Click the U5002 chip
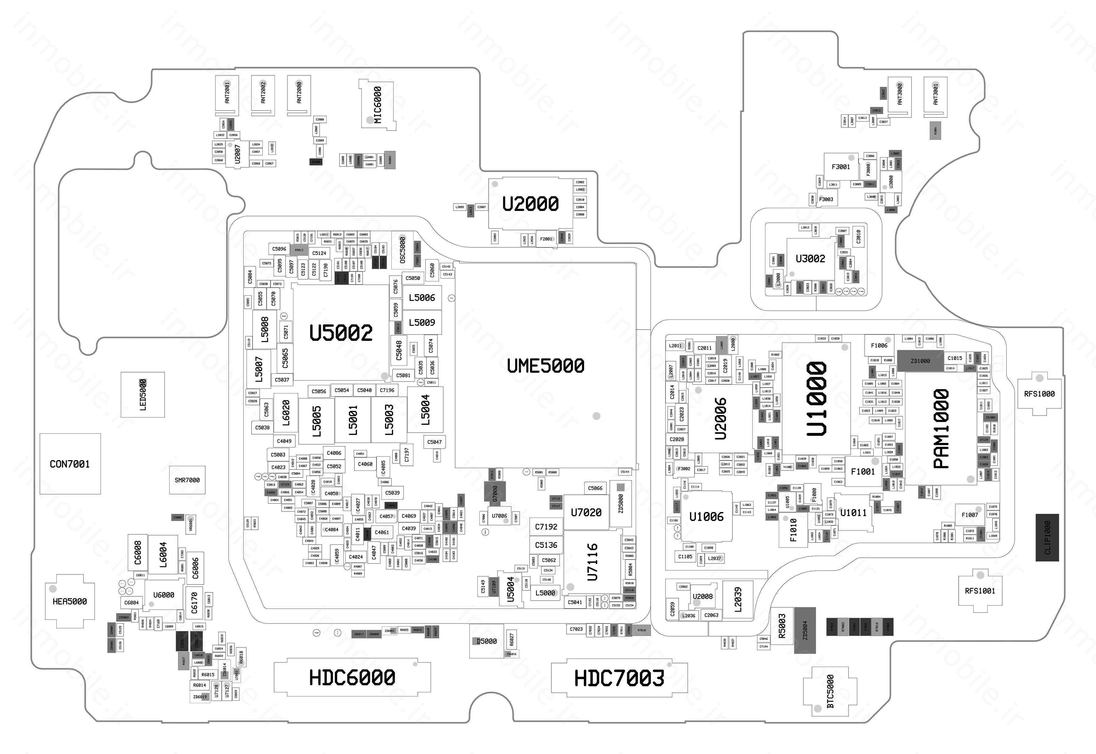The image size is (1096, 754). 341,333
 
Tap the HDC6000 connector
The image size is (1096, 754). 352,677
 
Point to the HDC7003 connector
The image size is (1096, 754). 619,679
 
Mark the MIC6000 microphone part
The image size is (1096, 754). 378,104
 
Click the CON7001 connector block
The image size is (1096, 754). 70,464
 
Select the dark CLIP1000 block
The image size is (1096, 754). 1047,538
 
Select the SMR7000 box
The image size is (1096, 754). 187,480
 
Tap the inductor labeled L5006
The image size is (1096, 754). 422,298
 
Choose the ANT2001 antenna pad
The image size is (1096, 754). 227,95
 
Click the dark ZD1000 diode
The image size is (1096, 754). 920,361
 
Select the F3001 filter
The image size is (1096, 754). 841,167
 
